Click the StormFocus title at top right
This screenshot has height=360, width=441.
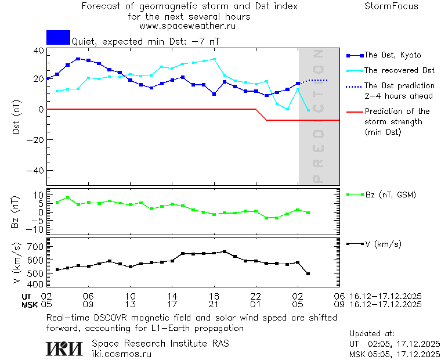point(391,6)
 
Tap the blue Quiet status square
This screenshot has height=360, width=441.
point(58,37)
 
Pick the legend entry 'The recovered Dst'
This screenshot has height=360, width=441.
point(399,70)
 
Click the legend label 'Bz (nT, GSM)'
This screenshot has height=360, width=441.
point(390,195)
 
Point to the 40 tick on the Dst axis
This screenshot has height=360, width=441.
point(38,51)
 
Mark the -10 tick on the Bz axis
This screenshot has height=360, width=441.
point(36,230)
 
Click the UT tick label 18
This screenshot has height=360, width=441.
point(214,296)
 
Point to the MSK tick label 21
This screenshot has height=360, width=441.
point(214,304)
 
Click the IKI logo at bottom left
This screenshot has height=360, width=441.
point(64,348)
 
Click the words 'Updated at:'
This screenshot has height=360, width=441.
point(372,334)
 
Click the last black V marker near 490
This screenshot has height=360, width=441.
point(308,273)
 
